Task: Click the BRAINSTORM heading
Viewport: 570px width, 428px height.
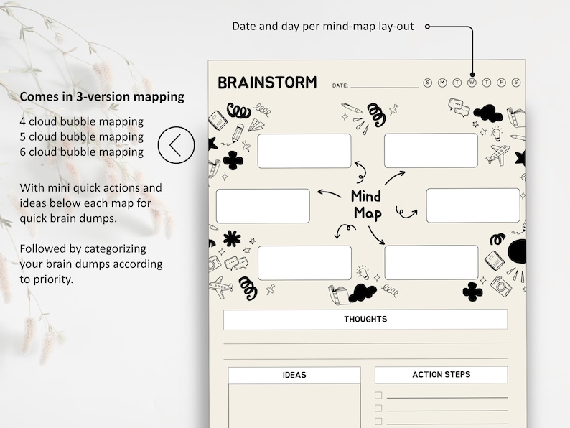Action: pyautogui.click(x=267, y=83)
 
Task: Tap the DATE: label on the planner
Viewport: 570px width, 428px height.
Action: pyautogui.click(x=340, y=86)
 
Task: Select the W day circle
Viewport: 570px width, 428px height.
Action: pyautogui.click(x=472, y=83)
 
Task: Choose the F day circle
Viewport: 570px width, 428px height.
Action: pyautogui.click(x=501, y=83)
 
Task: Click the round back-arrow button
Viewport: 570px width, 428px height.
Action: pyautogui.click(x=176, y=145)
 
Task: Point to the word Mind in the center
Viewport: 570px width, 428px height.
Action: pyautogui.click(x=365, y=196)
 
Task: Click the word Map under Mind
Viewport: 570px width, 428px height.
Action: pyautogui.click(x=368, y=213)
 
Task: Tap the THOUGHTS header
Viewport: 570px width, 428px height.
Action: pyautogui.click(x=365, y=320)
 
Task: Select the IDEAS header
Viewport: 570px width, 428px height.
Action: pyautogui.click(x=294, y=375)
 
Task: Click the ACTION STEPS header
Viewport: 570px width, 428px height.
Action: pyautogui.click(x=441, y=375)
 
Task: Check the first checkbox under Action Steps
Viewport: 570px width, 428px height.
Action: pyautogui.click(x=378, y=396)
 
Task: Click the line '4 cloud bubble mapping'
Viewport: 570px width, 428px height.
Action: pyautogui.click(x=82, y=121)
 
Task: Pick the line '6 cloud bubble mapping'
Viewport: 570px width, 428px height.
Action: pyautogui.click(x=82, y=152)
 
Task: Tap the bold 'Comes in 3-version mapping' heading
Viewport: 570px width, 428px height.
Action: pyautogui.click(x=102, y=96)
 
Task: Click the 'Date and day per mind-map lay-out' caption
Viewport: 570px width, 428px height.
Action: pyautogui.click(x=322, y=27)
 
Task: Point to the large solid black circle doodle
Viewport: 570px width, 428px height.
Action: pyautogui.click(x=518, y=251)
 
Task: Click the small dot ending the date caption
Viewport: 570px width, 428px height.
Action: pyautogui.click(x=428, y=27)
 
